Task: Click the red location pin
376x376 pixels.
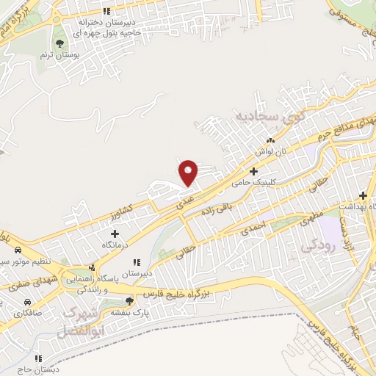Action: point(189,173)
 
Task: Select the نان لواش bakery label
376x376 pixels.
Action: point(270,150)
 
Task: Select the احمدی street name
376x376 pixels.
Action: point(254,228)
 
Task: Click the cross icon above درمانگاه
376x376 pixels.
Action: point(113,233)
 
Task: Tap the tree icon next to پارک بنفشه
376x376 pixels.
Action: point(129,300)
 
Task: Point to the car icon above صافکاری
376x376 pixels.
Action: point(27,302)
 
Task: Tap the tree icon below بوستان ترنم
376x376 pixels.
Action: point(60,42)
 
